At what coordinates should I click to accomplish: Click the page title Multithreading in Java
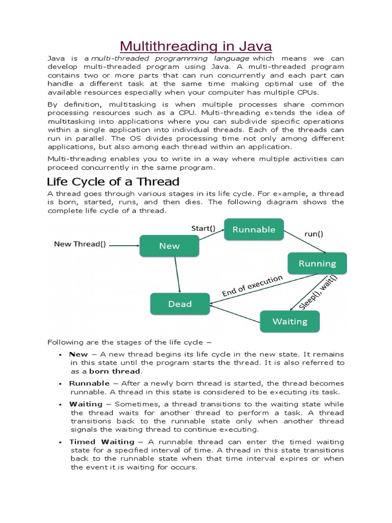(196, 46)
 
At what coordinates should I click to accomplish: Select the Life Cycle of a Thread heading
(113, 182)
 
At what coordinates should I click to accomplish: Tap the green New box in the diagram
(169, 246)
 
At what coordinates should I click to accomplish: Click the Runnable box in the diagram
(254, 229)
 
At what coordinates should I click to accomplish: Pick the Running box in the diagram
(317, 264)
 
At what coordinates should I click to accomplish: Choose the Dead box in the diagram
(180, 304)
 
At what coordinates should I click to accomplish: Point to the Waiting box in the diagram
(290, 321)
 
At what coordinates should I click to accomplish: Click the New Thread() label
(80, 244)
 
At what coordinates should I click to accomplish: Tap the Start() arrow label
(203, 228)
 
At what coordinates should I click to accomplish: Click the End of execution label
(252, 286)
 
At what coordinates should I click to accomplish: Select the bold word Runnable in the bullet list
(89, 383)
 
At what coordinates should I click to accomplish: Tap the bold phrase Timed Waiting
(102, 441)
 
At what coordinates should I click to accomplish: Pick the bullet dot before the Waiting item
(60, 405)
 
